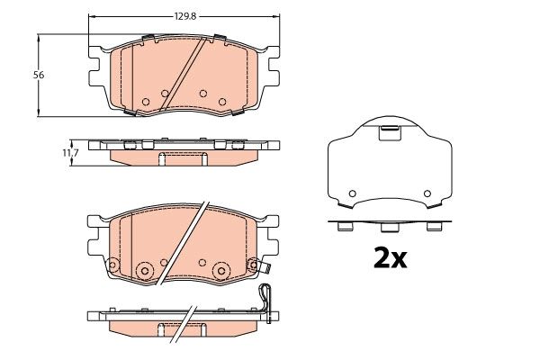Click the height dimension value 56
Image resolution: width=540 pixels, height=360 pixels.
pyautogui.click(x=38, y=75)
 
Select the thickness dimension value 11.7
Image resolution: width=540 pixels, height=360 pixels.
pyautogui.click(x=68, y=154)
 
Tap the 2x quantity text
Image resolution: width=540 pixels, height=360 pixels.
pyautogui.click(x=391, y=258)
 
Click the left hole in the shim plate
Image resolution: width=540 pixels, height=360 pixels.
pyautogui.click(x=353, y=193)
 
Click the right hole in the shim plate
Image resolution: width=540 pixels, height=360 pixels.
pyautogui.click(x=427, y=193)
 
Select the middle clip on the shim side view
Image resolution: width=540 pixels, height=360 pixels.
pyautogui.click(x=390, y=227)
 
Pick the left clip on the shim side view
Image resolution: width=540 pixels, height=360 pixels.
pyautogui.click(x=343, y=227)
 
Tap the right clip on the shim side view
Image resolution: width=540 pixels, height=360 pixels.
pyautogui.click(x=435, y=227)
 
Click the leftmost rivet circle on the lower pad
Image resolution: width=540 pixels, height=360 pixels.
pyautogui.click(x=113, y=265)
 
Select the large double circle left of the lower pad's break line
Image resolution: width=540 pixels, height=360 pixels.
pyautogui.click(x=144, y=270)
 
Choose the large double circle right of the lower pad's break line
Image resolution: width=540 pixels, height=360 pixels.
pyautogui.click(x=220, y=270)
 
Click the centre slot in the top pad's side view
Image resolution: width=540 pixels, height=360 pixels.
pyautogui.click(x=163, y=159)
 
